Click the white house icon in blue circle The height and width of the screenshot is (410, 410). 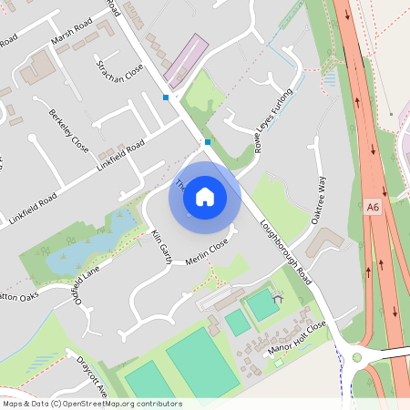[x=205, y=195]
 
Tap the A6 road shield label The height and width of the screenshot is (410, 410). [x=373, y=208]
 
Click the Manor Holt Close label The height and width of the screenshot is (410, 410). [x=297, y=337]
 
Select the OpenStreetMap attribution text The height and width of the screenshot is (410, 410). [x=91, y=404]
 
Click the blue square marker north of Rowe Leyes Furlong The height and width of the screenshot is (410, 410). [x=166, y=97]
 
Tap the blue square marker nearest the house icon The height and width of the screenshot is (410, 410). [x=208, y=142]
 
